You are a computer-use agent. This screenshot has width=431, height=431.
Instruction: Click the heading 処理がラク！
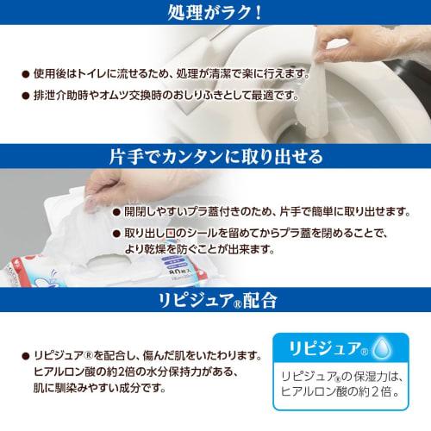215,14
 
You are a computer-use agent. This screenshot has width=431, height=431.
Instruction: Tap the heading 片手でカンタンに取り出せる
215,157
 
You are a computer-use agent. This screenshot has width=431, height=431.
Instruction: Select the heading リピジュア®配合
215,301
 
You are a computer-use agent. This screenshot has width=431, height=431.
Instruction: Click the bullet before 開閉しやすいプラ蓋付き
116,212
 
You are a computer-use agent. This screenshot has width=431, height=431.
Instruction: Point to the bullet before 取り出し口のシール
116,234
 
